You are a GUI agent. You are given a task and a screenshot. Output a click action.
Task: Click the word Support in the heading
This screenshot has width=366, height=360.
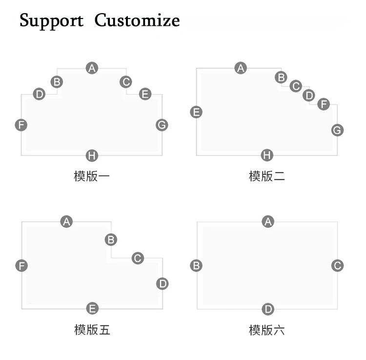(x=51, y=21)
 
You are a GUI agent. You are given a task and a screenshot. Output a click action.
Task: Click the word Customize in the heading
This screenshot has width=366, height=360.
(x=137, y=20)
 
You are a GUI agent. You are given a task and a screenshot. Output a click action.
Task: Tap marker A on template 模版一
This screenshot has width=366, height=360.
(x=92, y=68)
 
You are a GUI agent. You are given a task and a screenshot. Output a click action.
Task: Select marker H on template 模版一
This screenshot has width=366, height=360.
(x=92, y=156)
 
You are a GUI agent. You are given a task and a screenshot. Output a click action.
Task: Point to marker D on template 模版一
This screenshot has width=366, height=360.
(x=39, y=94)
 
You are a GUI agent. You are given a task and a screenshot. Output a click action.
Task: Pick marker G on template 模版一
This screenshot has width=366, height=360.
(x=162, y=125)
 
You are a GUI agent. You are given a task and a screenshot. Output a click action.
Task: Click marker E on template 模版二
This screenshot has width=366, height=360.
(x=196, y=112)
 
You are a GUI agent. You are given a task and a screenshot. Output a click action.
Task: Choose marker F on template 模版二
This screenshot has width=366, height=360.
(x=324, y=104)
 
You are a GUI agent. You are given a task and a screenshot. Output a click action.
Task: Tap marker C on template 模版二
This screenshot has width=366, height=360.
(x=296, y=86)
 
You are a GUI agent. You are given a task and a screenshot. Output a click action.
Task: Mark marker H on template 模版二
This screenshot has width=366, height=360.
(x=267, y=155)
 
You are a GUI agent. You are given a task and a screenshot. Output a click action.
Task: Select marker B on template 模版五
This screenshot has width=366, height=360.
(x=111, y=240)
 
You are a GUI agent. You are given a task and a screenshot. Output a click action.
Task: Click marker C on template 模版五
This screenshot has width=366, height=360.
(x=138, y=258)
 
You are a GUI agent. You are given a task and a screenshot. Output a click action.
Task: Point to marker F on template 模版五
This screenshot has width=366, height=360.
(x=21, y=266)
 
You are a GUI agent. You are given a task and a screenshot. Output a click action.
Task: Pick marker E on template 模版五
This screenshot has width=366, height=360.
(x=92, y=308)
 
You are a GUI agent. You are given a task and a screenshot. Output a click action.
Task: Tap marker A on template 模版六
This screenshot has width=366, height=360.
(x=268, y=222)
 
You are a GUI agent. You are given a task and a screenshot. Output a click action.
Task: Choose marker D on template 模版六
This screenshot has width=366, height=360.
(x=268, y=309)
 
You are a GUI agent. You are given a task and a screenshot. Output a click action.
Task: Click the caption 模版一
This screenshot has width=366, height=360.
(x=92, y=176)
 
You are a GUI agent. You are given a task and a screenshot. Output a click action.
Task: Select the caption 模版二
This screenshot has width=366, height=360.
(x=267, y=176)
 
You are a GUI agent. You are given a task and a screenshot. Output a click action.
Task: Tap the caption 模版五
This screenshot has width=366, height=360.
(x=92, y=330)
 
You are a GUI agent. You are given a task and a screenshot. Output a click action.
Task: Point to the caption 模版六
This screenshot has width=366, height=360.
(x=267, y=330)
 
